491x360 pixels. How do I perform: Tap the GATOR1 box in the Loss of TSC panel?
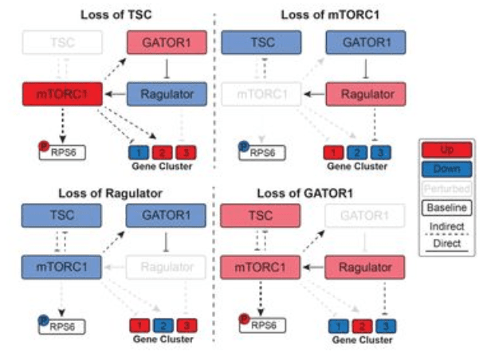coord(167,43)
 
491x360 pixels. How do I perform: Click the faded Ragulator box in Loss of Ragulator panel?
coord(167,266)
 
